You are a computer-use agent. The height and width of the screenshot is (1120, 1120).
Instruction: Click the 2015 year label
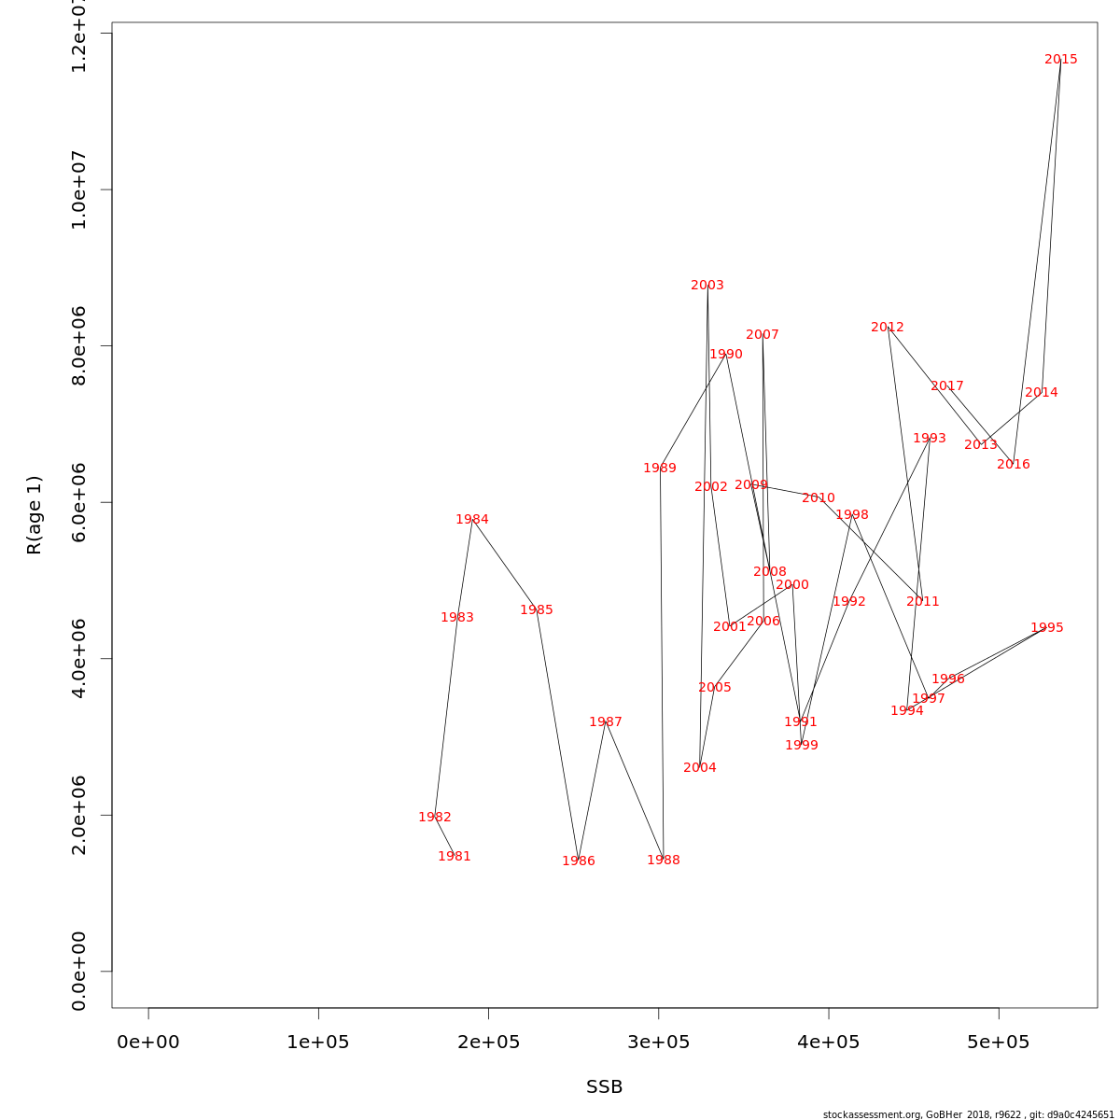pyautogui.click(x=1060, y=60)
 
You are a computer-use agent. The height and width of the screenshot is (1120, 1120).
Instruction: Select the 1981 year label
pyautogui.click(x=455, y=857)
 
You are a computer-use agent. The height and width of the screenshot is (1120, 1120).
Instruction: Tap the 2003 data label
pyautogui.click(x=707, y=286)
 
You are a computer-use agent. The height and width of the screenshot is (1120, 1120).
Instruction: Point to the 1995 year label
pyautogui.click(x=1046, y=628)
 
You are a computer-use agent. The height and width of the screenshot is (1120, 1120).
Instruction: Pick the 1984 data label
pyautogui.click(x=472, y=520)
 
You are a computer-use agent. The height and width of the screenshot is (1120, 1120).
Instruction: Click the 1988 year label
pyautogui.click(x=664, y=861)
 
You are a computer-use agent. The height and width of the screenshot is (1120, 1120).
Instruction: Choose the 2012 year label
pyautogui.click(x=888, y=328)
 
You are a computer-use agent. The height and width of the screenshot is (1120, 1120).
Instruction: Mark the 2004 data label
pyautogui.click(x=700, y=768)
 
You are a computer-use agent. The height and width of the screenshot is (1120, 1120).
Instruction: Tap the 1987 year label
pyautogui.click(x=606, y=722)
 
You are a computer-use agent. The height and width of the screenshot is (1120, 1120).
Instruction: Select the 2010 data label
pyautogui.click(x=819, y=498)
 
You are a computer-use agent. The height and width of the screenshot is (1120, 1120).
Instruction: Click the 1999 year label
pyautogui.click(x=802, y=746)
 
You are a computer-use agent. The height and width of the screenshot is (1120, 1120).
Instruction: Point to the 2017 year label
pyautogui.click(x=947, y=386)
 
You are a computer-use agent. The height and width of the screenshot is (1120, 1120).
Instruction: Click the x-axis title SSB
pyautogui.click(x=604, y=1087)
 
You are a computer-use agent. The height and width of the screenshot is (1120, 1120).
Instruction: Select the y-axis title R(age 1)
pyautogui.click(x=35, y=515)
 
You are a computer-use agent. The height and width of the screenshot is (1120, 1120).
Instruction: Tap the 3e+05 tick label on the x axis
pyautogui.click(x=658, y=1042)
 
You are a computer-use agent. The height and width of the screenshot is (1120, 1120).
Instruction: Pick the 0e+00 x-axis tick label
pyautogui.click(x=148, y=1042)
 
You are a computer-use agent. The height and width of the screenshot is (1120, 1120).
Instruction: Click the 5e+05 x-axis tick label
pyautogui.click(x=999, y=1042)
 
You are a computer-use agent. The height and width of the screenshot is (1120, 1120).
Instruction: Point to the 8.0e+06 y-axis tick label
pyautogui.click(x=79, y=345)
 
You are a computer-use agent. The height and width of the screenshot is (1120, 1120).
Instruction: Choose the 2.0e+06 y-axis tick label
pyautogui.click(x=79, y=815)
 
